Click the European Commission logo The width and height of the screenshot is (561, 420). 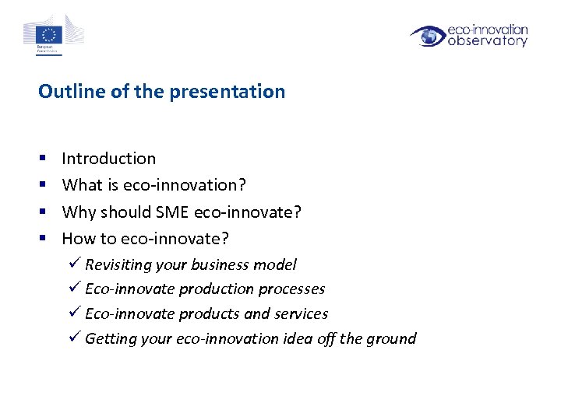point(52,34)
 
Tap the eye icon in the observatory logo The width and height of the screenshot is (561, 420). point(427,36)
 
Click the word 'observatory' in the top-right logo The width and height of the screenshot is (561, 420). point(488,41)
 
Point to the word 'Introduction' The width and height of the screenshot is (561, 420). point(108,159)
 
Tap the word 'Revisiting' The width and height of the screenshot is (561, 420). point(118,265)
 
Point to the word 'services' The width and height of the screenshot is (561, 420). point(301,313)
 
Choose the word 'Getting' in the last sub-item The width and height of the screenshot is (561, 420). point(111,339)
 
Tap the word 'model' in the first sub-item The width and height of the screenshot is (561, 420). point(276,264)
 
